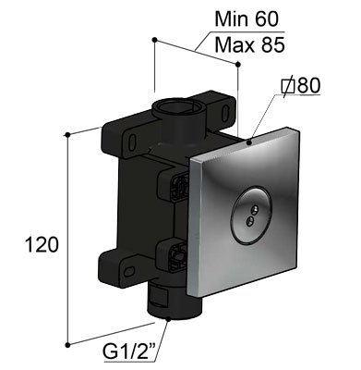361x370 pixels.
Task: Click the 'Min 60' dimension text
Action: pos(247,19)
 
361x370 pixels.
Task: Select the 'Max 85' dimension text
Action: pos(249,45)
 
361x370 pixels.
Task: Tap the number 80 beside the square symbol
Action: pos(308,85)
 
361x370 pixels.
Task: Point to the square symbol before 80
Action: pos(288,86)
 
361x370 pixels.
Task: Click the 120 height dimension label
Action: pos(42,245)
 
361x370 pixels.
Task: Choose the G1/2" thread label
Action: pos(129,353)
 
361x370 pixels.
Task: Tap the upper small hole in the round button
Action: pos(255,211)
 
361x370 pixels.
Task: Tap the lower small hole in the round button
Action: pos(250,220)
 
